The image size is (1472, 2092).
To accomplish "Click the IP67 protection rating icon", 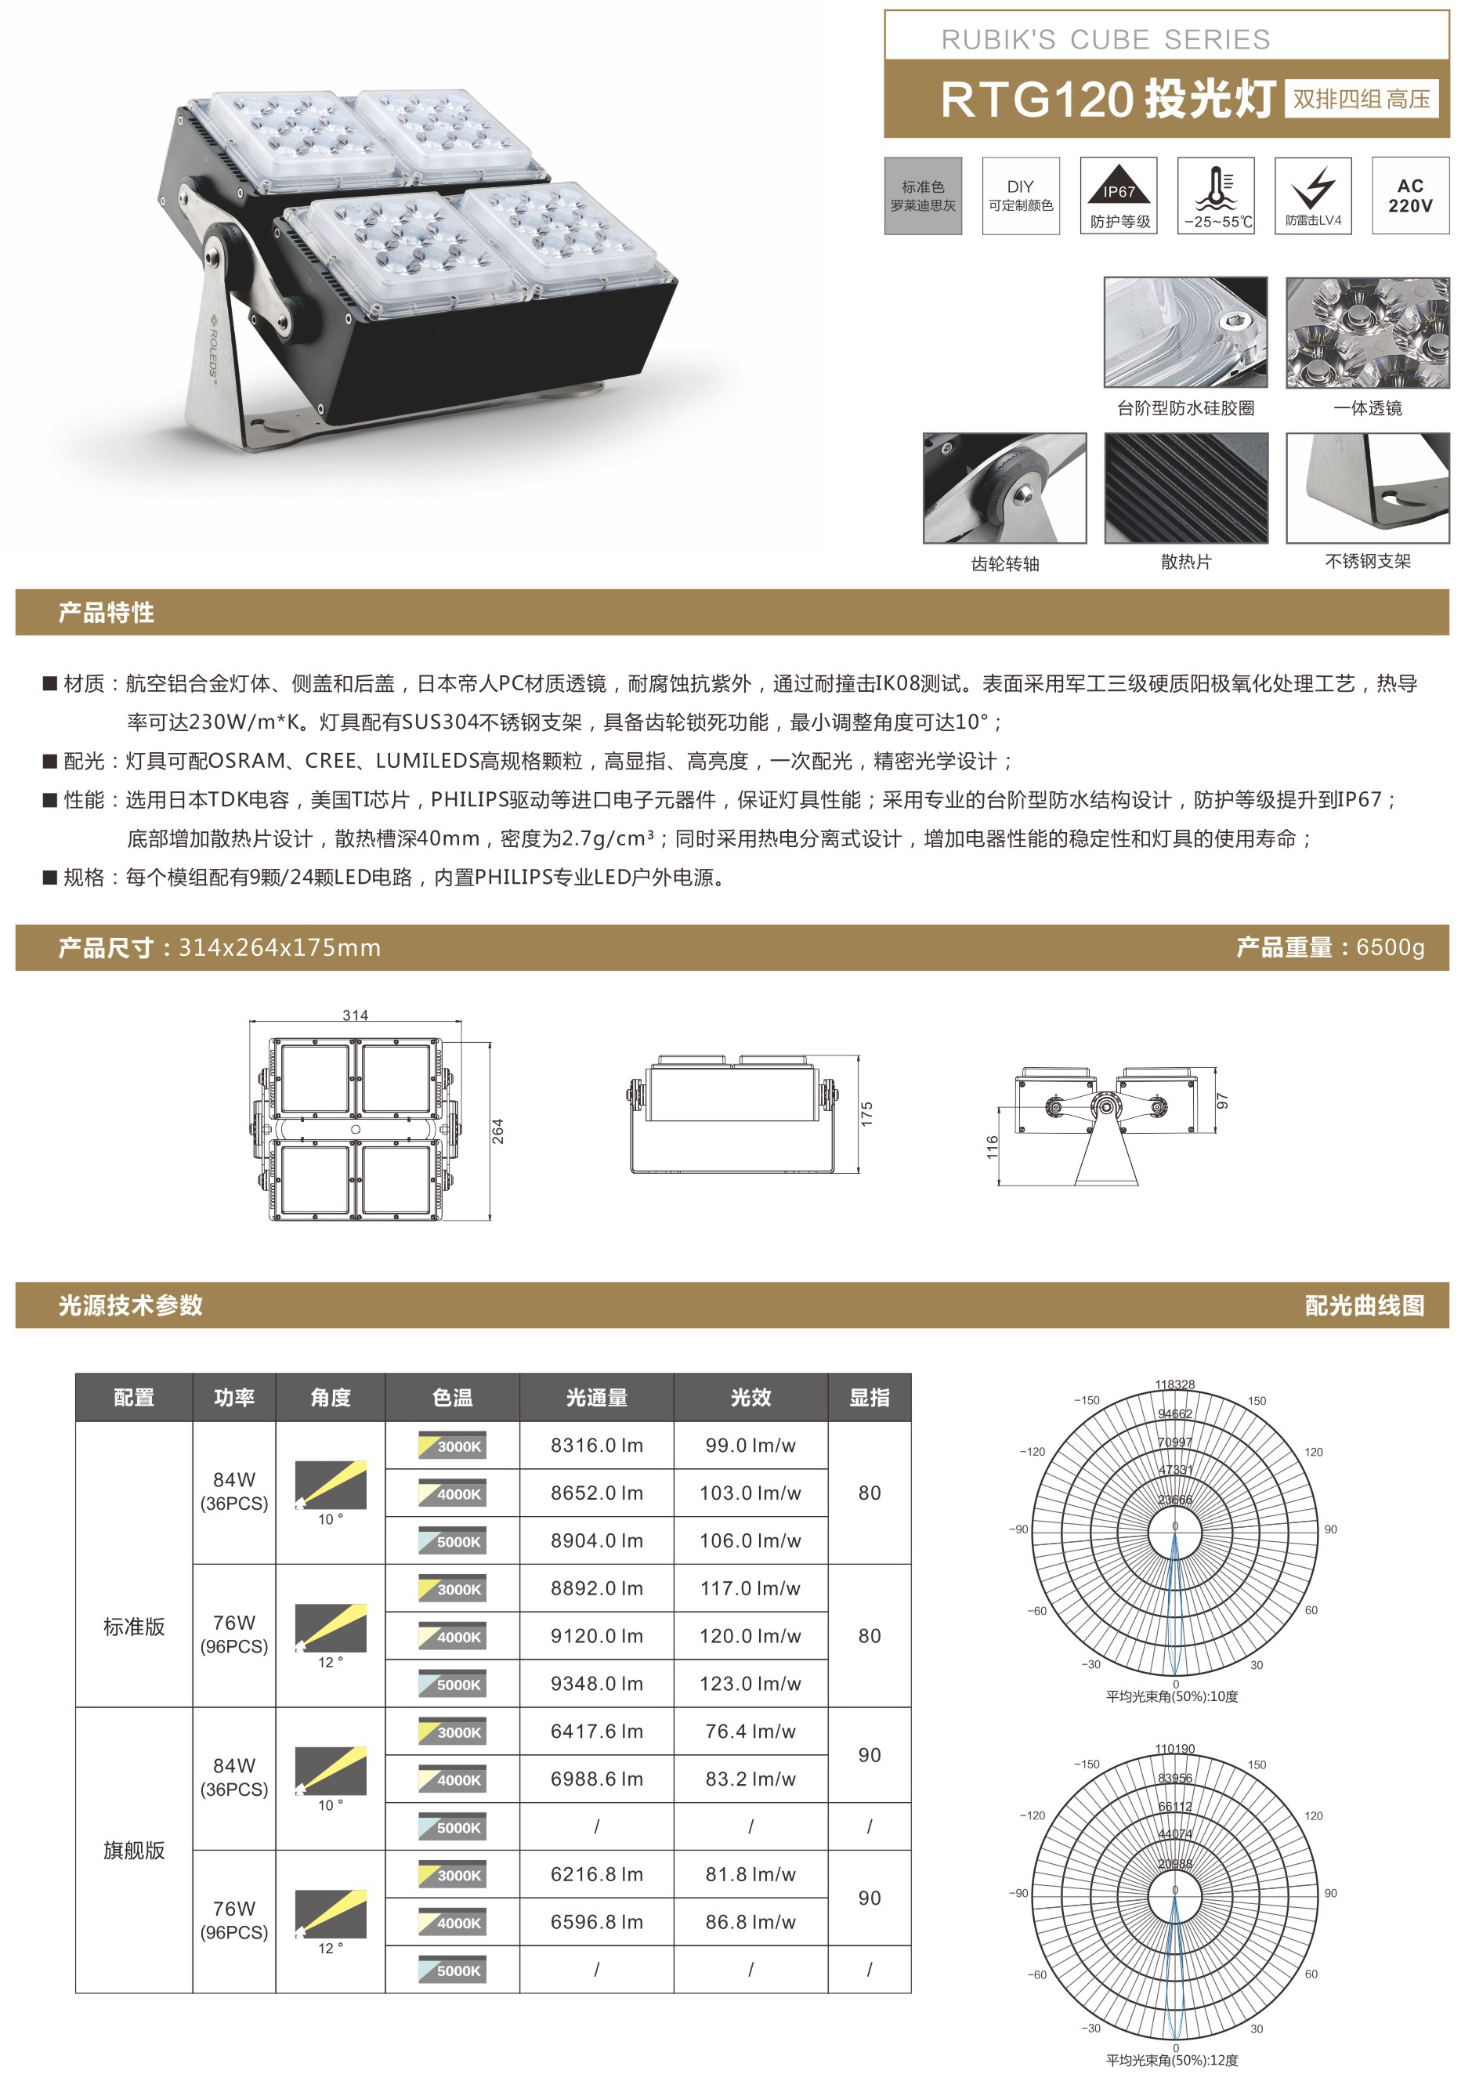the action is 1119,196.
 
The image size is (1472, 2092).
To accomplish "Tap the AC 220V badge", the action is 1410,196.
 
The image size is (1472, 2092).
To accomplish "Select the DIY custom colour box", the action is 1021,196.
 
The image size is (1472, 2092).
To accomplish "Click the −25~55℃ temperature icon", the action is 1216,196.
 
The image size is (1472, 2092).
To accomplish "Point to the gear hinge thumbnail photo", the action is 1005,488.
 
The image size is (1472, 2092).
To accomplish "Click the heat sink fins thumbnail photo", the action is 1186,488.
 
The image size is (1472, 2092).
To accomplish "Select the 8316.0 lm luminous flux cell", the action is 597,1446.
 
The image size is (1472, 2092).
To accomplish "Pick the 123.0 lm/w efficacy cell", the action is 750,1684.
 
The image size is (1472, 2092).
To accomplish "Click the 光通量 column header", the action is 597,1398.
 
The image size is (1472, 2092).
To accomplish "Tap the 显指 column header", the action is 869,1398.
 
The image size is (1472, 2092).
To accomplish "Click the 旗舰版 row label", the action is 134,1851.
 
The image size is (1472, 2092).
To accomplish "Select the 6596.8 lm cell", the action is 597,1923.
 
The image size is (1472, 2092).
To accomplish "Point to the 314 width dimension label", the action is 355,1015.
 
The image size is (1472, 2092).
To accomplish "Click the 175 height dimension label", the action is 866,1113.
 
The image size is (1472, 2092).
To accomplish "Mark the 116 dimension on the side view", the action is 992,1147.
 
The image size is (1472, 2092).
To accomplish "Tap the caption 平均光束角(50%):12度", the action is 1172,2060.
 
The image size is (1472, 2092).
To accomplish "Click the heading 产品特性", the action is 107,612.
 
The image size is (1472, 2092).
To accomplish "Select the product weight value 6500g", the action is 1390,947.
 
